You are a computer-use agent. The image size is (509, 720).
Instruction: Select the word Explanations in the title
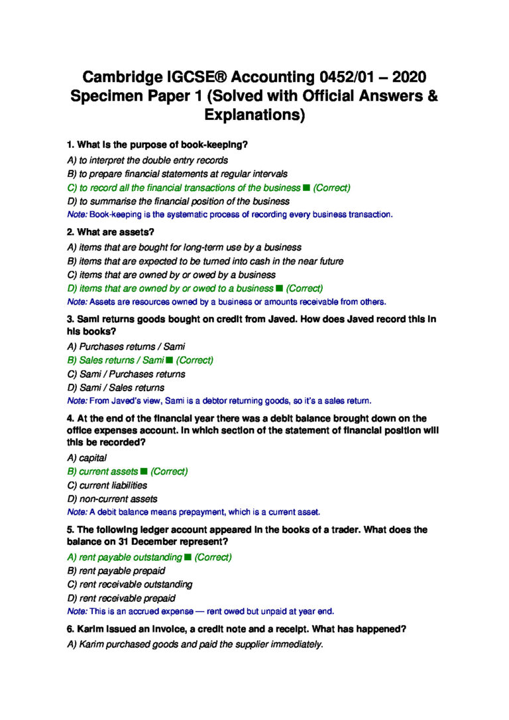point(254,115)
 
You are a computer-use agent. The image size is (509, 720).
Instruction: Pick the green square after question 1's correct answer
point(306,188)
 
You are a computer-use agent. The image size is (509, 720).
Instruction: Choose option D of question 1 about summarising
point(178,201)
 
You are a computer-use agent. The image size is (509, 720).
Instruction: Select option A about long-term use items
point(184,247)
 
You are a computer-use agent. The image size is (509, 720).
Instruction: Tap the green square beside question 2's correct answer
point(279,288)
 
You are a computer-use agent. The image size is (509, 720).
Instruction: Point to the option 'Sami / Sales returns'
point(116,388)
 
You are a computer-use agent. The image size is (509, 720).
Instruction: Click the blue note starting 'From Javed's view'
point(219,401)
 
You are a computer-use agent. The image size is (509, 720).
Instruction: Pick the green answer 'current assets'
point(108,471)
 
